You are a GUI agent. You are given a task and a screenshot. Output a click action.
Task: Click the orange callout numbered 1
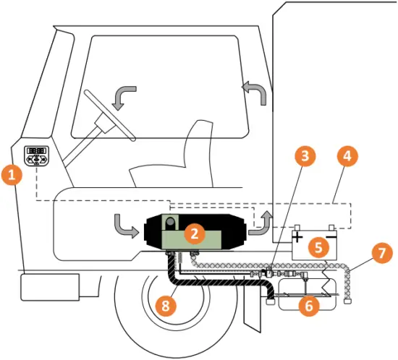[10, 174]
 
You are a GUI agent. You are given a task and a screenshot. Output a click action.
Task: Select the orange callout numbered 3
[305, 155]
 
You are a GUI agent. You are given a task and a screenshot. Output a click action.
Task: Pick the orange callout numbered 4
[348, 155]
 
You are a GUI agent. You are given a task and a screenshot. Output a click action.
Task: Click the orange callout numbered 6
[309, 306]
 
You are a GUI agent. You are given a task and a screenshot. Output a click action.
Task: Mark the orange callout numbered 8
[166, 307]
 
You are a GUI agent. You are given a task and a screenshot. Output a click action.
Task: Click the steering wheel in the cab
[109, 116]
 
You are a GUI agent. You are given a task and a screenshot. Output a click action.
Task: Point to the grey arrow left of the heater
[124, 226]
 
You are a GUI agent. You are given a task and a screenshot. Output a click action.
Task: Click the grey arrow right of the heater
[262, 224]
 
